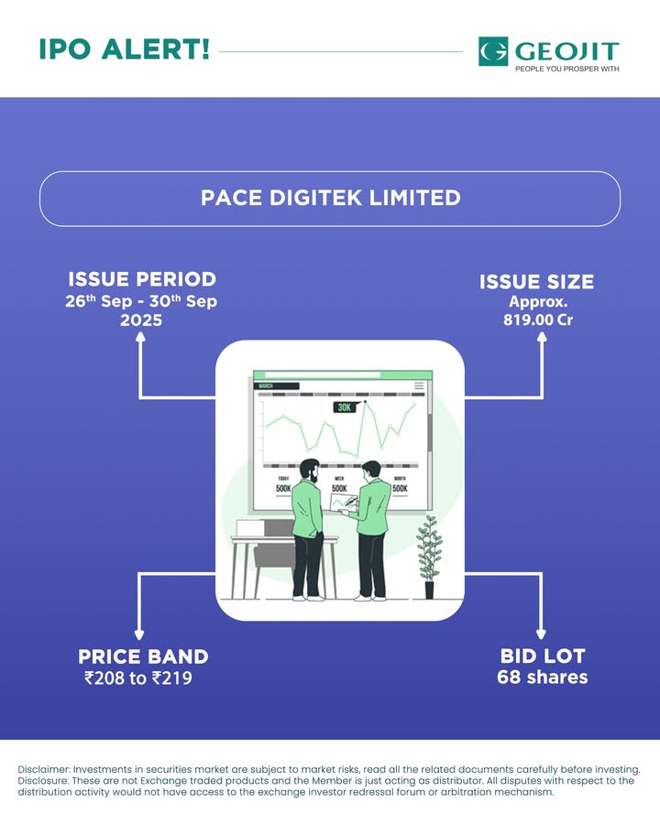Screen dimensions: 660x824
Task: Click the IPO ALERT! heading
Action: pyautogui.click(x=125, y=49)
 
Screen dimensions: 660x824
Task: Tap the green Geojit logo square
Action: pyautogui.click(x=493, y=51)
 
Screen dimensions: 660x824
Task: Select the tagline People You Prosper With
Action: pyautogui.click(x=566, y=69)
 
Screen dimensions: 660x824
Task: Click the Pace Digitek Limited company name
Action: pyautogui.click(x=331, y=198)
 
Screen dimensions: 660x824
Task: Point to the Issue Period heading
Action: pyautogui.click(x=142, y=279)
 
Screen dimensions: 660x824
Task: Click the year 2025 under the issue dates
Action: pyautogui.click(x=141, y=320)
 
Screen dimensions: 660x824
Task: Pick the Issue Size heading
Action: pyautogui.click(x=536, y=282)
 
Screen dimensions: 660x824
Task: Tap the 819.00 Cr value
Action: pyautogui.click(x=538, y=320)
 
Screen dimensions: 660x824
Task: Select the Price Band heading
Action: pyautogui.click(x=143, y=656)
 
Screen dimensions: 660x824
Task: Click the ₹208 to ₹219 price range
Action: pyautogui.click(x=137, y=678)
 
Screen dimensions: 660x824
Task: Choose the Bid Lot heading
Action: pyautogui.click(x=543, y=656)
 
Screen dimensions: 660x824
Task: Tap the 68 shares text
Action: pyautogui.click(x=542, y=677)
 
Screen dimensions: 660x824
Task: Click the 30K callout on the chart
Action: pyautogui.click(x=345, y=407)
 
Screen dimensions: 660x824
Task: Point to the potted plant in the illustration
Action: pyautogui.click(x=429, y=557)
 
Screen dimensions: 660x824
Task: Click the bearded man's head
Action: pyautogui.click(x=310, y=472)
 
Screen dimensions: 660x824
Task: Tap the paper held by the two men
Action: pyautogui.click(x=341, y=502)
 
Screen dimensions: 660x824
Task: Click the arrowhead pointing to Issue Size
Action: pyautogui.click(x=542, y=337)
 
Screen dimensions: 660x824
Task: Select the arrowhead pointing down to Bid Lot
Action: pyautogui.click(x=541, y=634)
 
